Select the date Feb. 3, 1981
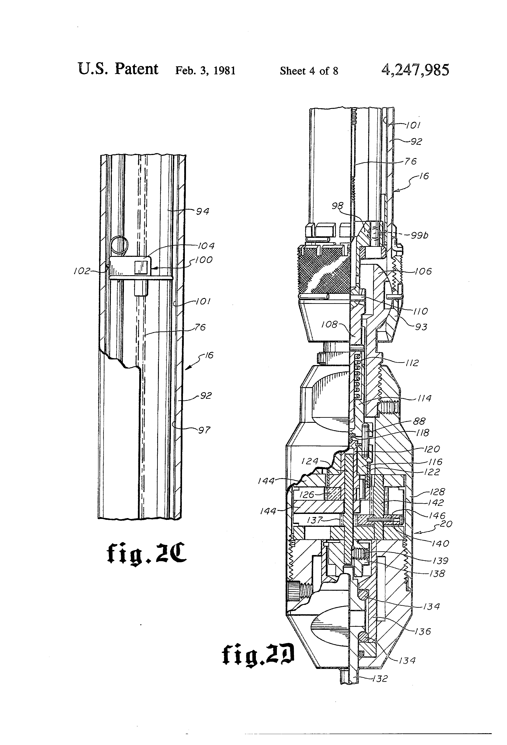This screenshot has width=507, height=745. click(x=205, y=71)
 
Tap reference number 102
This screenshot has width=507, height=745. click(x=82, y=271)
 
